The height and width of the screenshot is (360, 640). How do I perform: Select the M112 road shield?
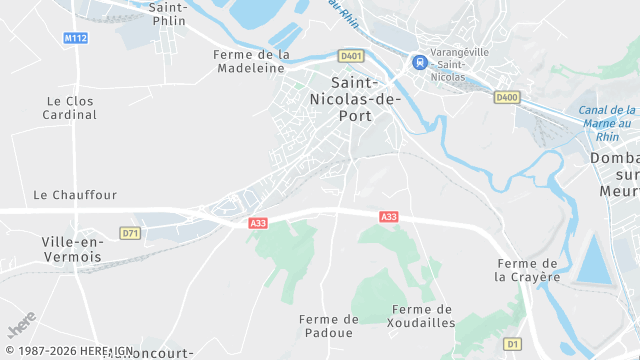75,38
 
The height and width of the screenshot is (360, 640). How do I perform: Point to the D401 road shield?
350,56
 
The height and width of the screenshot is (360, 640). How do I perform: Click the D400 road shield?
507,97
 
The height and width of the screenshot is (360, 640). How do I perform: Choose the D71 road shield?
129,233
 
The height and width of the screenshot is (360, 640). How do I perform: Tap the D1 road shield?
513,343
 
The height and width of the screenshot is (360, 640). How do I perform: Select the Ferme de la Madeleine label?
253,61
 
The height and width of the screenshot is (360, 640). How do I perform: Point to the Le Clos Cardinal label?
70,108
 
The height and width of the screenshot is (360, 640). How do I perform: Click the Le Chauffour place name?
75,195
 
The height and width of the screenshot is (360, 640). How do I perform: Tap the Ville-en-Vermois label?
72,249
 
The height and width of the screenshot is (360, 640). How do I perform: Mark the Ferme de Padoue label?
328,325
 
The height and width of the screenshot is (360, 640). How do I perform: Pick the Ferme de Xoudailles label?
424,316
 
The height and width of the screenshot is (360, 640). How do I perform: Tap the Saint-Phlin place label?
168,13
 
